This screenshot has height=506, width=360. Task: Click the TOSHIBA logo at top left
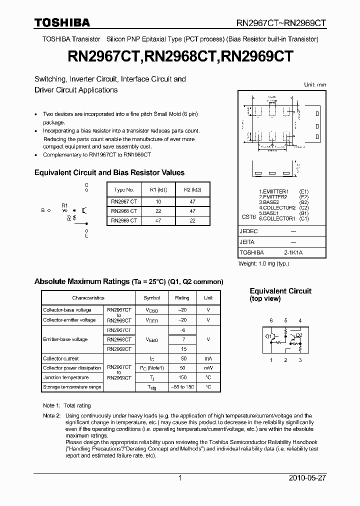tap(62, 22)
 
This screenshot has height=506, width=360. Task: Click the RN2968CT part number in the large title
tap(181, 56)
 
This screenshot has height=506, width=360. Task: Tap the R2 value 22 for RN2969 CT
tap(192, 220)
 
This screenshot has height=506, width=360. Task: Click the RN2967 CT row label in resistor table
tap(124, 201)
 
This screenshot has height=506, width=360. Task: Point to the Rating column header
tap(182, 298)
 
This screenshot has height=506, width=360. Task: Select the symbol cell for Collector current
tap(152, 358)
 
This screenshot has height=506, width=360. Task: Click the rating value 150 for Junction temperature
tap(182, 377)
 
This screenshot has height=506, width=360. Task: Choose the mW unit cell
tap(208, 368)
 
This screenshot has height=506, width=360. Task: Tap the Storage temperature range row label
tap(72, 387)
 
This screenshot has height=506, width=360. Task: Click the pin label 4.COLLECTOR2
tap(277, 207)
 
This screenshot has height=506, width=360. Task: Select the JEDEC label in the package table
tap(249, 231)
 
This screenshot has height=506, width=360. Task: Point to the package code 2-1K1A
tap(293, 252)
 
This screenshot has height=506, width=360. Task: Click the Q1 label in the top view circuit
tap(268, 336)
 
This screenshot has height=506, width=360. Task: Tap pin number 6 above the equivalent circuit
tap(271, 320)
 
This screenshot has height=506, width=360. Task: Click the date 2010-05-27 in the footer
tap(307, 478)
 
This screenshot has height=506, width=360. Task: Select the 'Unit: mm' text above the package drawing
tap(315, 85)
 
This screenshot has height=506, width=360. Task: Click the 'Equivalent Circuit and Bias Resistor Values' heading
tap(109, 172)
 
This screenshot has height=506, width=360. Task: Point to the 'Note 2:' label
tap(51, 415)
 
